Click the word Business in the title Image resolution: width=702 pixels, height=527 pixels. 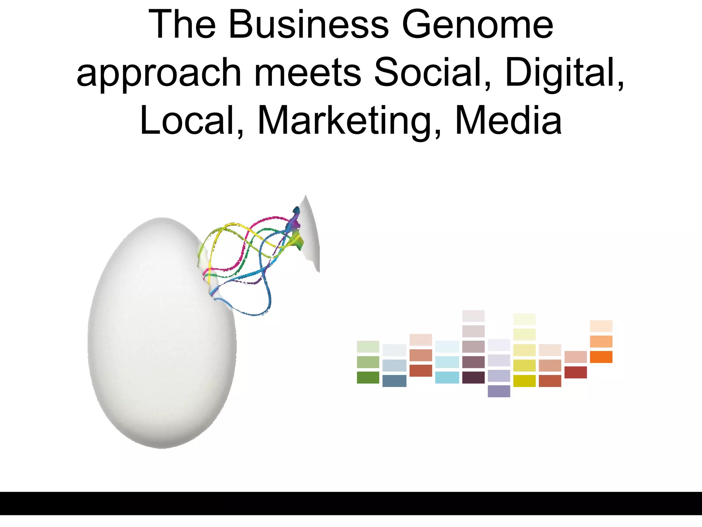[x=308, y=25]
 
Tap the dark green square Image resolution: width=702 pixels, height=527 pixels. [x=368, y=377]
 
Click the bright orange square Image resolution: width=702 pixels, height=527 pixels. [x=601, y=357]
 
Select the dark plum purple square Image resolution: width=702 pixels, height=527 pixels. [x=473, y=377]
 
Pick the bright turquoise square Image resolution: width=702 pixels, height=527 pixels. [x=447, y=377]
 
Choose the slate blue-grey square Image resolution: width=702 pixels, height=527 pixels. [x=394, y=381]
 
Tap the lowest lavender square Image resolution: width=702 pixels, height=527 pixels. [x=499, y=391]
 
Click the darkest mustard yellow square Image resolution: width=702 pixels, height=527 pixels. [x=524, y=381]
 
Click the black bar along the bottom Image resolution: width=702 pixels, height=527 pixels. [x=351, y=503]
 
